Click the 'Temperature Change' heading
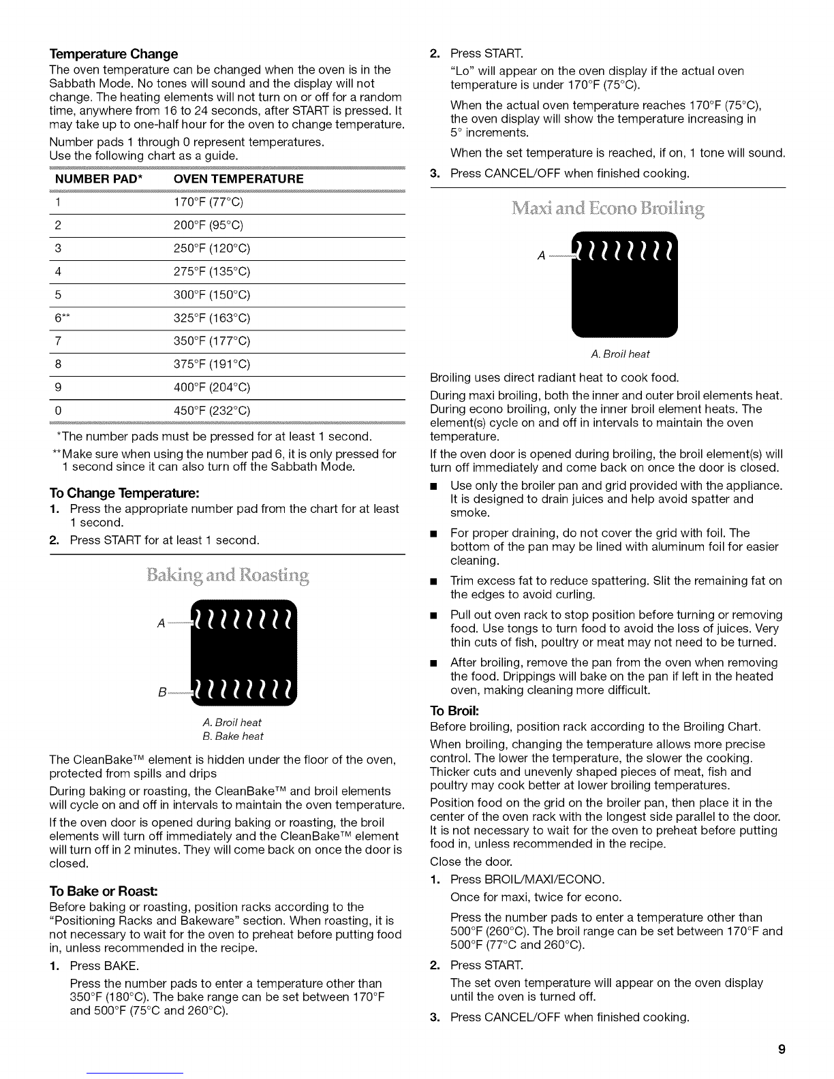[x=114, y=54]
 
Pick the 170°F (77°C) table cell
[x=208, y=202]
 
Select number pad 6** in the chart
[x=60, y=318]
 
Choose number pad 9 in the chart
[x=59, y=388]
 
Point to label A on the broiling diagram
[x=541, y=255]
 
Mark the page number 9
[x=782, y=1049]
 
